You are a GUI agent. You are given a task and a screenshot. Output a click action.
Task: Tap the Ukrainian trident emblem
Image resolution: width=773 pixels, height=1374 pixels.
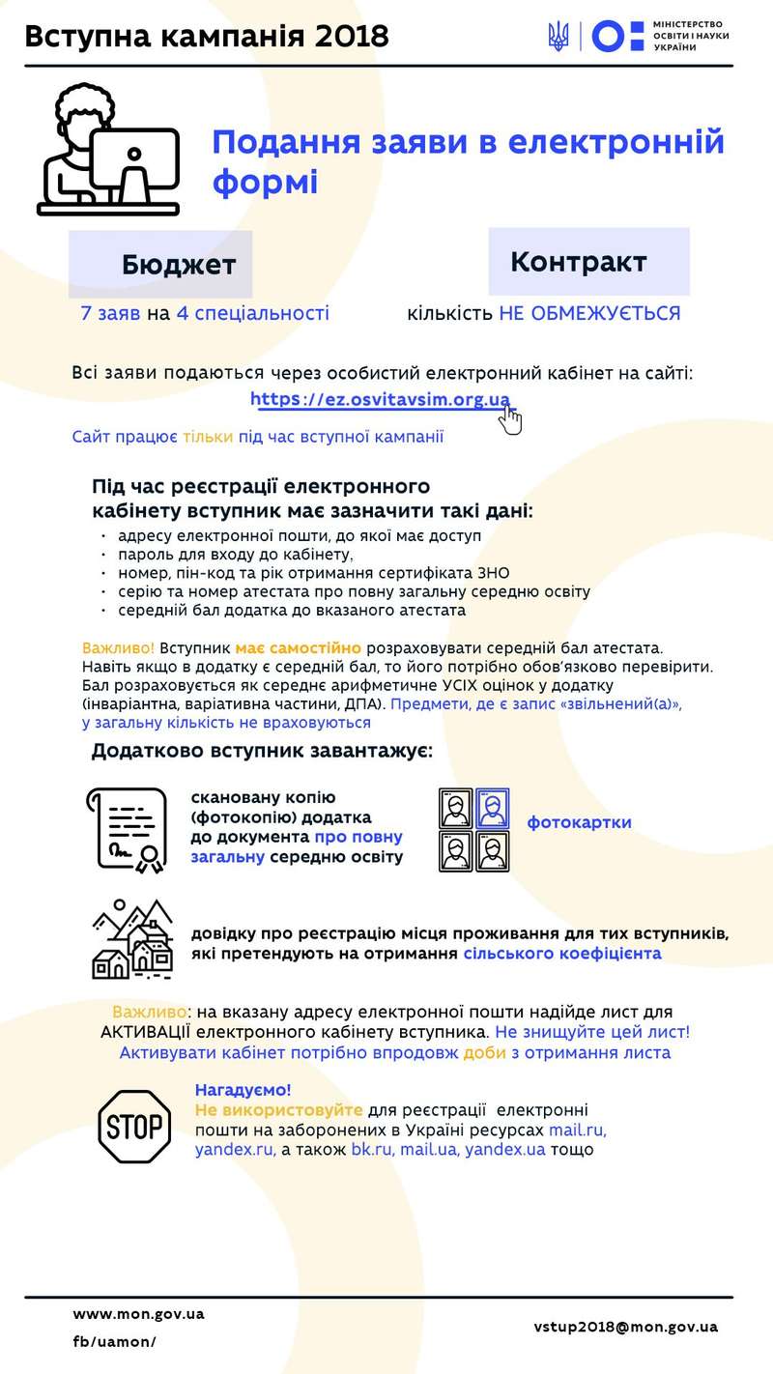558,37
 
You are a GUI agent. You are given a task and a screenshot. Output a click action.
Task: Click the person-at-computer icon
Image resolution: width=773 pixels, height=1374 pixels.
108,150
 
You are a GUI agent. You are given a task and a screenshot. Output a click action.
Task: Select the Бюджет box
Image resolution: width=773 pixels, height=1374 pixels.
179,264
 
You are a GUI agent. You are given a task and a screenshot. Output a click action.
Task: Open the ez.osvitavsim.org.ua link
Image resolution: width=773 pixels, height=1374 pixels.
380,399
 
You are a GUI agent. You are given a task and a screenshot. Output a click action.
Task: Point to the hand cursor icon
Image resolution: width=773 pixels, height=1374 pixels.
510,419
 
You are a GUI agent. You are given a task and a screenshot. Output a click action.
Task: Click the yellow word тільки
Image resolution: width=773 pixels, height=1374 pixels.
208,437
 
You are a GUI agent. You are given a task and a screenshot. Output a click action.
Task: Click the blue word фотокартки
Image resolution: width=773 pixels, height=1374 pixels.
579,822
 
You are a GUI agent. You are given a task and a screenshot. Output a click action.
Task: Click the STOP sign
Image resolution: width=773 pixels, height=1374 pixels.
134,1127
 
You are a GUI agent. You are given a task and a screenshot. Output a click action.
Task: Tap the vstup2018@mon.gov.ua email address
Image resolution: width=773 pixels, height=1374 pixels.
625,1327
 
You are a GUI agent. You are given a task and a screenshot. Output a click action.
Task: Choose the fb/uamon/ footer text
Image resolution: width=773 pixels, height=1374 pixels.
114,1341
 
